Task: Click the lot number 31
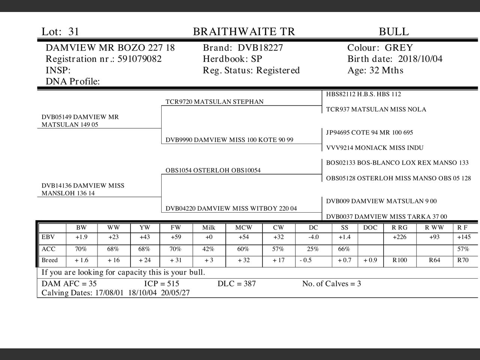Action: (74, 31)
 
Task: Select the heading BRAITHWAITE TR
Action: (244, 31)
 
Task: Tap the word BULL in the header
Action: (394, 31)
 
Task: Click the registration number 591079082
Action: (139, 59)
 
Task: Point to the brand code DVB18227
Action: (260, 48)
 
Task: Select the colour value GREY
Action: (399, 48)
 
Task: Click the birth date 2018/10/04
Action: (420, 59)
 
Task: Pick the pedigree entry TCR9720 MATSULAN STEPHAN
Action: (214, 102)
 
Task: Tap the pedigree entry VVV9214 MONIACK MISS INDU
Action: (375, 148)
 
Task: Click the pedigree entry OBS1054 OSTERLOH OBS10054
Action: (213, 170)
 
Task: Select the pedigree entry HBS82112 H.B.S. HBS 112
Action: (363, 94)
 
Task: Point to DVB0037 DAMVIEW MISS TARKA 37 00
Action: (386, 216)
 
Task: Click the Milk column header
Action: (208, 228)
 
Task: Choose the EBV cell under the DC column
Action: (313, 237)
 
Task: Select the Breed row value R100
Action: (399, 260)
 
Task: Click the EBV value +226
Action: (399, 237)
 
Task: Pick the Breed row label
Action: (49, 260)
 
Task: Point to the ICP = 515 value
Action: (162, 283)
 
